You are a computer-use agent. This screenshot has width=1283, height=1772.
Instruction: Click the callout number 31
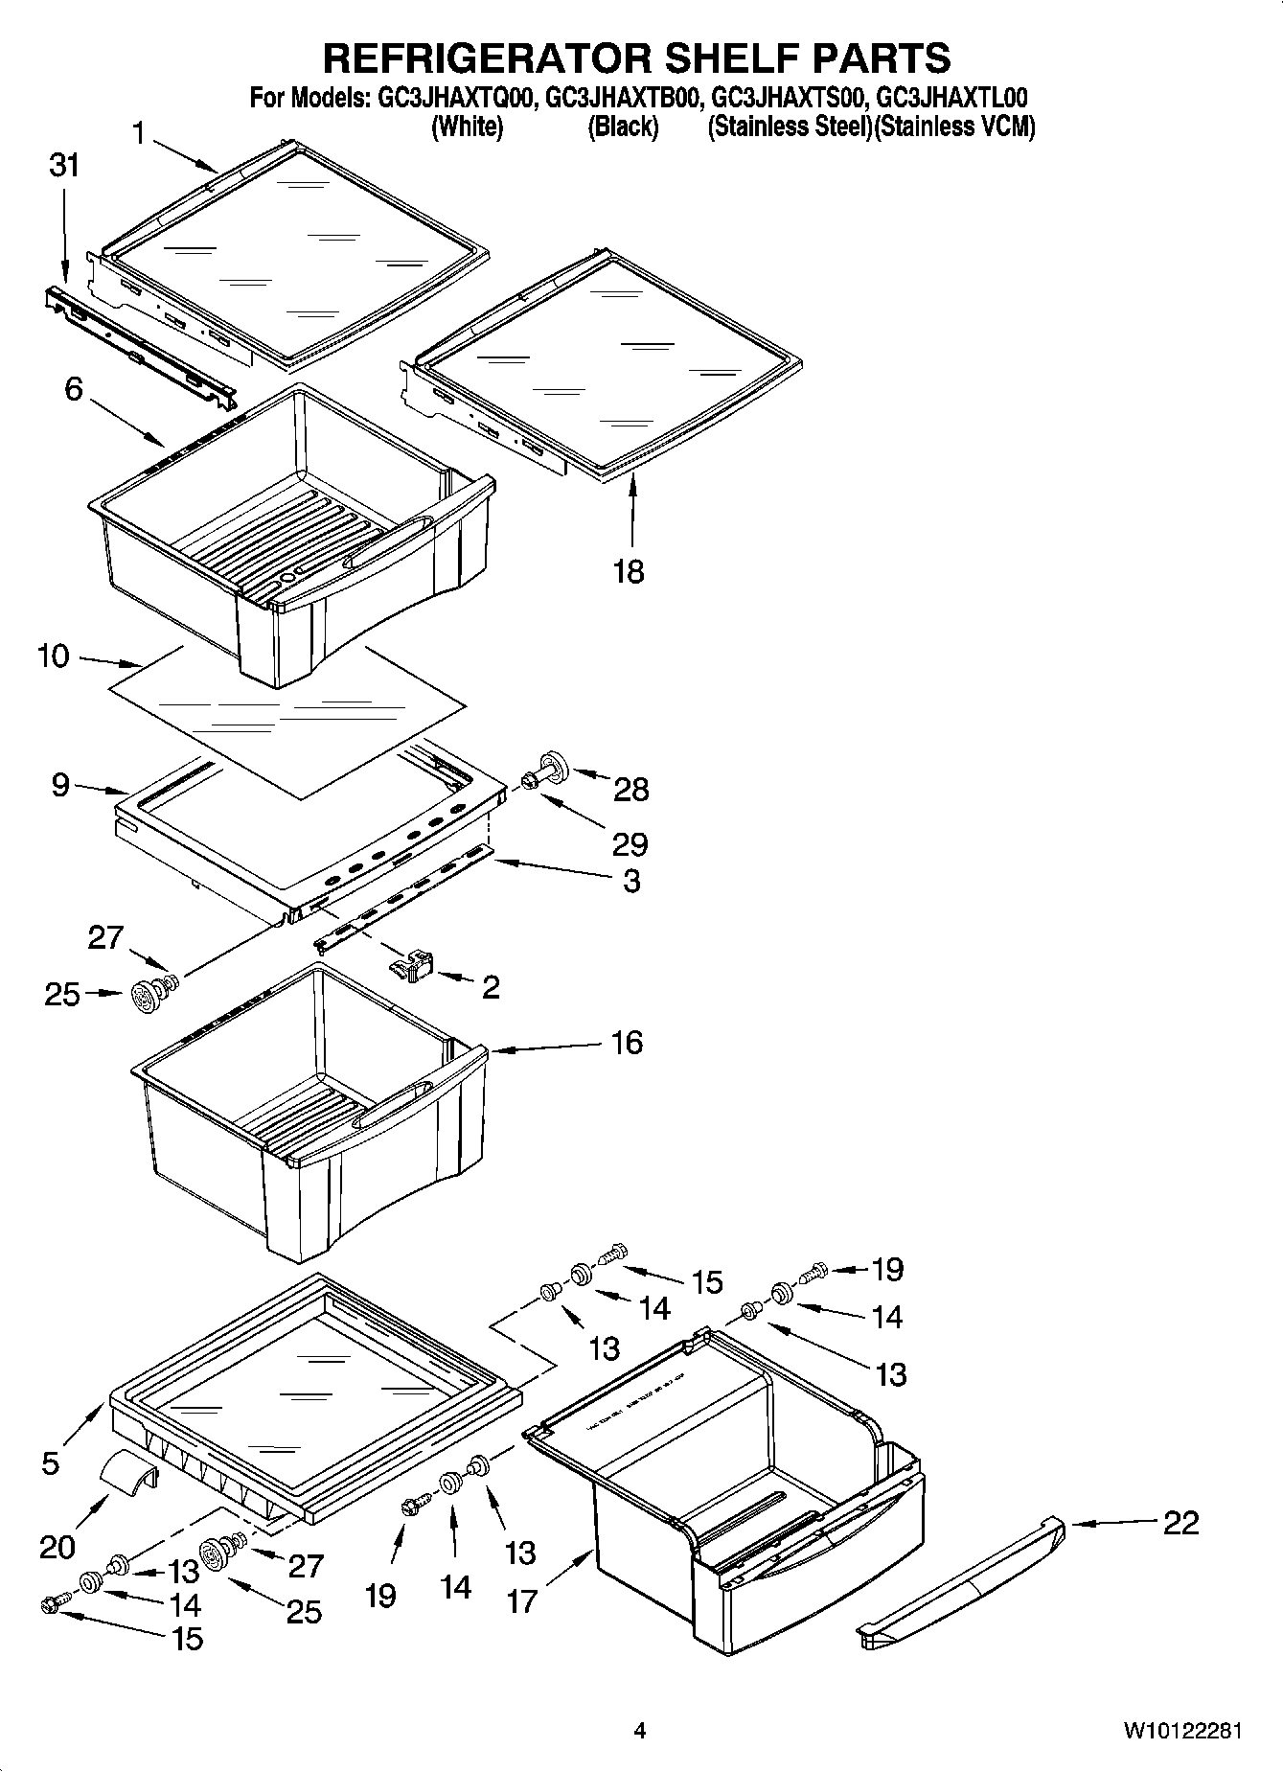click(64, 166)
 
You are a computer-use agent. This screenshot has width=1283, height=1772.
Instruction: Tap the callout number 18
click(629, 572)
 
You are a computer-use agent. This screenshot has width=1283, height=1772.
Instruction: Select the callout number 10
click(54, 656)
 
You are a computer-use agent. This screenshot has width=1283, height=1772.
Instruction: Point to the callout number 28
click(631, 790)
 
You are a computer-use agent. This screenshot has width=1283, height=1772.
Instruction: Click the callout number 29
click(631, 844)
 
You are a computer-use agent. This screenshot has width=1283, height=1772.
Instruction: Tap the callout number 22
click(1180, 1523)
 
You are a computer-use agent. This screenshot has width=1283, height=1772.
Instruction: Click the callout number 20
click(58, 1547)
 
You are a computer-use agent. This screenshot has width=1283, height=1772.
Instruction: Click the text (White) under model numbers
click(468, 127)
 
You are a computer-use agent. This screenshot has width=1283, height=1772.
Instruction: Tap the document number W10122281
click(1182, 1731)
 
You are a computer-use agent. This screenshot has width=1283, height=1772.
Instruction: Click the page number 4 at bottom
click(640, 1731)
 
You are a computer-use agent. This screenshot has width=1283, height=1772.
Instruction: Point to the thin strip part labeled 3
click(402, 896)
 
